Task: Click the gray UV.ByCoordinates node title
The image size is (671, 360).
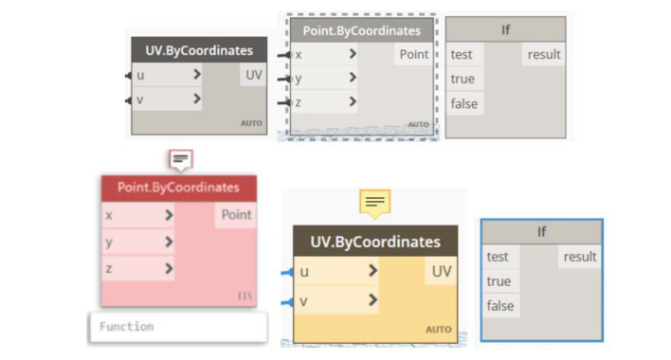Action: tap(199, 50)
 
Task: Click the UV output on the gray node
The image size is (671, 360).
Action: tap(253, 75)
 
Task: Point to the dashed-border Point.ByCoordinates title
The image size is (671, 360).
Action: tap(362, 30)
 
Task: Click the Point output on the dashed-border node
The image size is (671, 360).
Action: tap(414, 54)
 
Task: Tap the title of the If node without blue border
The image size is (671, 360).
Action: tap(505, 29)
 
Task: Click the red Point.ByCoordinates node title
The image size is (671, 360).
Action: tap(178, 188)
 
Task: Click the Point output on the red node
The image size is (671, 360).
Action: tap(236, 215)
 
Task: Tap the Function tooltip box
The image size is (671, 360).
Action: tap(178, 327)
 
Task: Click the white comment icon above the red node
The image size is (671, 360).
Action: tap(181, 160)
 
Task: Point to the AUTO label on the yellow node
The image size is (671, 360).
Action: tap(439, 330)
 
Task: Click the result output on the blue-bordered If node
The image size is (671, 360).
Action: tap(580, 257)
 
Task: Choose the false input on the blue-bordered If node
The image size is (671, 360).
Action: tap(500, 306)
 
